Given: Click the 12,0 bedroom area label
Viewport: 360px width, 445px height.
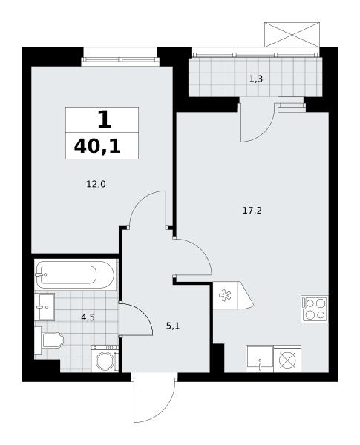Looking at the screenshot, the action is tap(96, 185).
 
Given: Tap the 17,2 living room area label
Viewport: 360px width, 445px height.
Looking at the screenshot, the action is tap(252, 211).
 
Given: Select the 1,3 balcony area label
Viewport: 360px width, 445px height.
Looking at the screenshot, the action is tap(256, 79).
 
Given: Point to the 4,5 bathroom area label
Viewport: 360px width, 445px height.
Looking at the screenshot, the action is tap(88, 317).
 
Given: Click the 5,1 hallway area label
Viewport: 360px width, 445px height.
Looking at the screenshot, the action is tap(173, 326).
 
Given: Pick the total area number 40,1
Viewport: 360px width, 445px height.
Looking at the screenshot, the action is tap(97, 147).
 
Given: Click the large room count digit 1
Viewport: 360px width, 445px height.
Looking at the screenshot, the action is tap(104, 119).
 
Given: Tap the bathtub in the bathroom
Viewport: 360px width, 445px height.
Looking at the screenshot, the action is tap(75, 274).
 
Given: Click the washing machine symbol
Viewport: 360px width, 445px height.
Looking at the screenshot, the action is tap(105, 358).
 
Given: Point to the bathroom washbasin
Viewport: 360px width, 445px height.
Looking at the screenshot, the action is tap(45, 306).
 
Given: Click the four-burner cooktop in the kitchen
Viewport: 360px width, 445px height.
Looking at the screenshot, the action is tap(315, 309).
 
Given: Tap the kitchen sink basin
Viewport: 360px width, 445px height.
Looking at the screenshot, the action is tap(260, 359).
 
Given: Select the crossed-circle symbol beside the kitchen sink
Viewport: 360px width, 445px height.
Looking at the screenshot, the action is tap(287, 360).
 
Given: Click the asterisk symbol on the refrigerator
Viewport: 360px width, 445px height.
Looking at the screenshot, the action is tap(225, 295).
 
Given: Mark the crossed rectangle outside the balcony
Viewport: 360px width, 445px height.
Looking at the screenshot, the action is tap(292, 35).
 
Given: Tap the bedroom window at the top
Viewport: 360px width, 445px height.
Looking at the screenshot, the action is tap(120, 59).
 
